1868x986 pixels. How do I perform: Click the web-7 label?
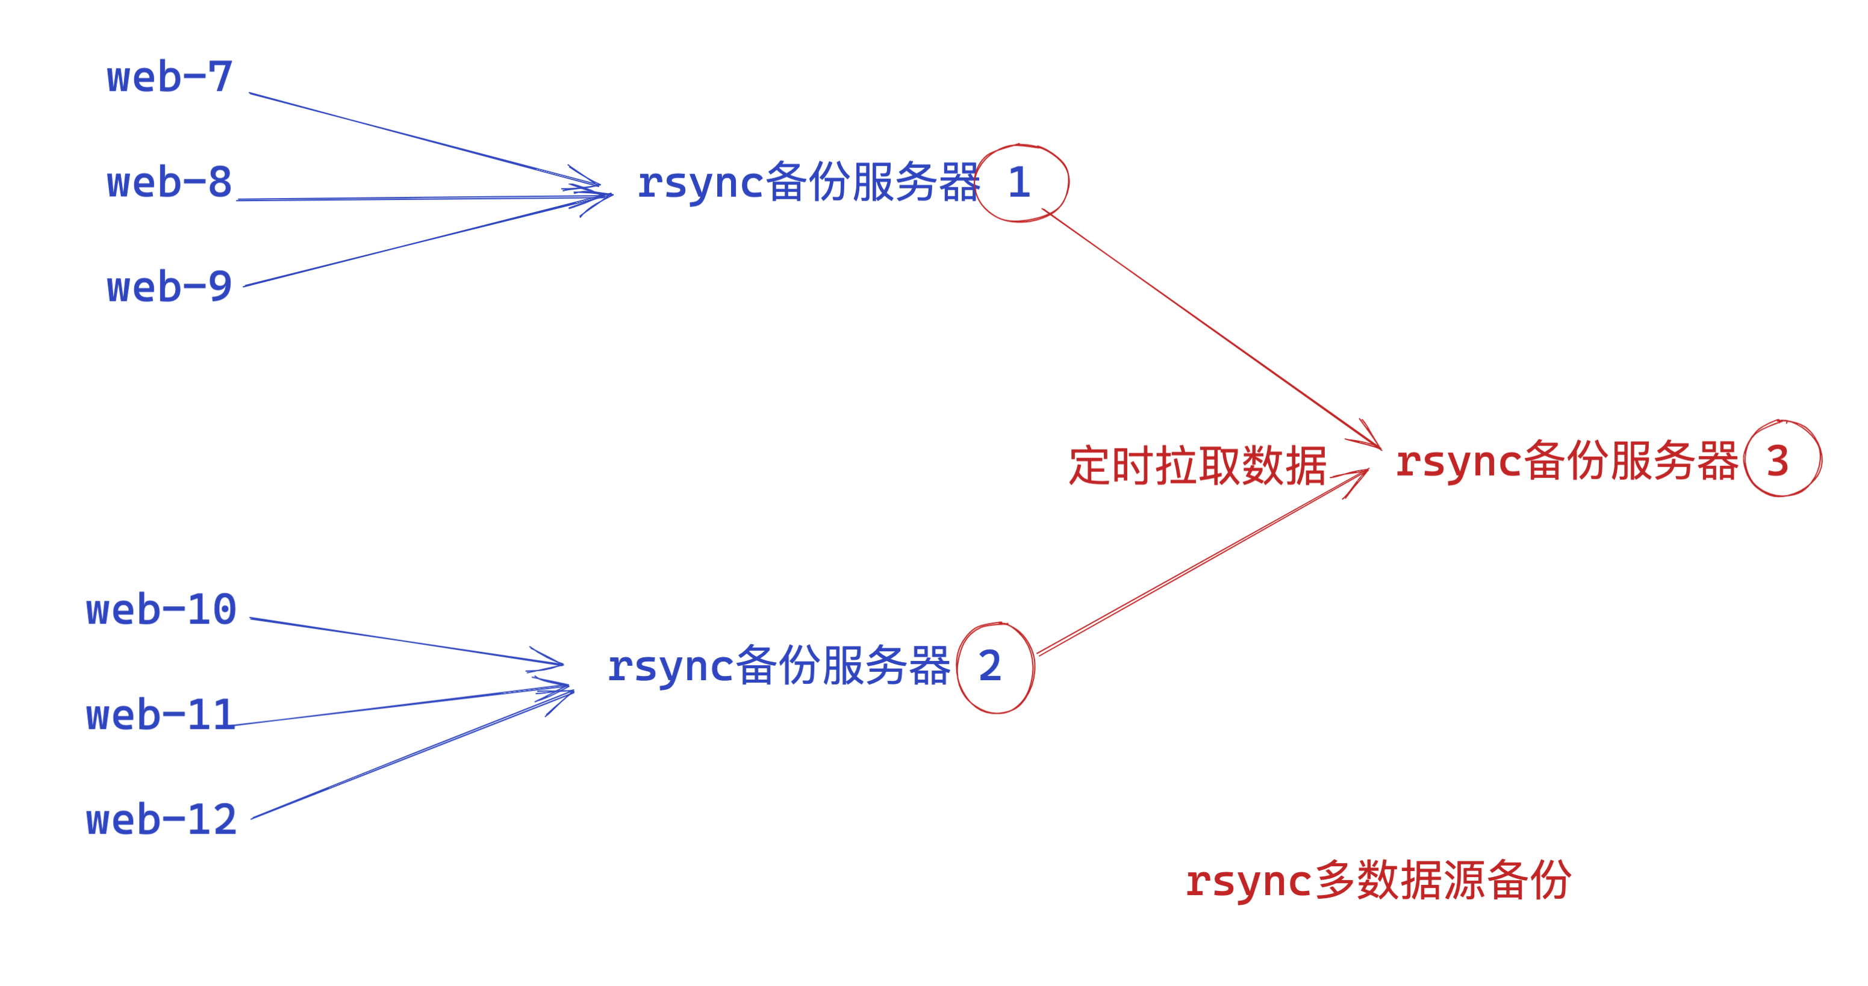[170, 77]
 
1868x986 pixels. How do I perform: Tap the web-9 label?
[170, 287]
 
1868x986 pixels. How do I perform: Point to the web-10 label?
[161, 610]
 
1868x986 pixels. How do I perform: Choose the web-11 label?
[161, 716]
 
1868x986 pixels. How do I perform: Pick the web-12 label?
[161, 820]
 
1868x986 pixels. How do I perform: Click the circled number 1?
[1020, 183]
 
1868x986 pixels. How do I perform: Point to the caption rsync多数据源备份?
[1378, 880]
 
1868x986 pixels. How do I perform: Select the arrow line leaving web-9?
[406, 244]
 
